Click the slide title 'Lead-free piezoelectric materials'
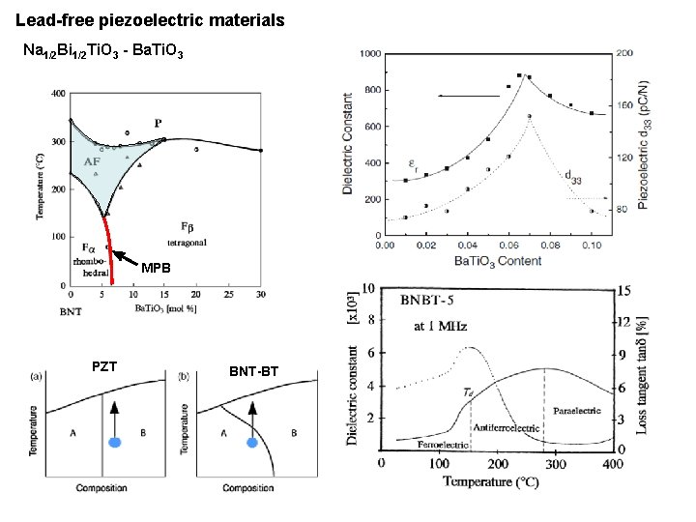tap(150, 19)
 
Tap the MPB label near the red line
tap(156, 268)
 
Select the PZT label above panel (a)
tap(104, 366)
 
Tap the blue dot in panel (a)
tap(115, 442)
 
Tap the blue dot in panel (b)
tap(251, 442)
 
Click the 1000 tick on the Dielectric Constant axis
tap(368, 55)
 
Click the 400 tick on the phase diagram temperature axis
tap(58, 94)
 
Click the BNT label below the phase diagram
tap(72, 312)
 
